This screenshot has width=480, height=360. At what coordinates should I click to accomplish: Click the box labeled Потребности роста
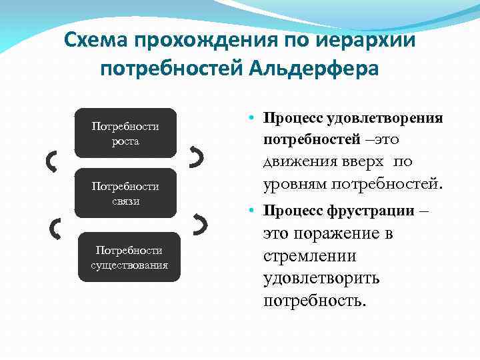pyautogui.click(x=125, y=133)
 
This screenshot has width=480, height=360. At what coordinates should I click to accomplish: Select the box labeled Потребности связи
pyautogui.click(x=125, y=193)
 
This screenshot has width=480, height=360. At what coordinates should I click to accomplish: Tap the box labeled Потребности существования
pyautogui.click(x=129, y=257)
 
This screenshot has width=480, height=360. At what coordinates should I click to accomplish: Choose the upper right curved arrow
pyautogui.click(x=197, y=157)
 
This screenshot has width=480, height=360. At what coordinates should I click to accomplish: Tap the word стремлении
pyautogui.click(x=309, y=256)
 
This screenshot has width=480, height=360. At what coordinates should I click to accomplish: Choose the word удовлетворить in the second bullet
pyautogui.click(x=321, y=278)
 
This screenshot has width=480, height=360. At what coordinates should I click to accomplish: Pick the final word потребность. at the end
pyautogui.click(x=315, y=300)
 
